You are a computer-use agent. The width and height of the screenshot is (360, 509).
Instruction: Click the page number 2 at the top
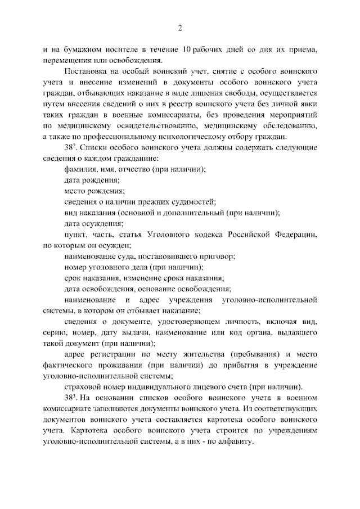click(x=180, y=28)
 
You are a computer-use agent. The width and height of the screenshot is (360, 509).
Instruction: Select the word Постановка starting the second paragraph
click(x=85, y=72)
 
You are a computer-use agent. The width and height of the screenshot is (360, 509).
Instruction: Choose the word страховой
click(x=83, y=387)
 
